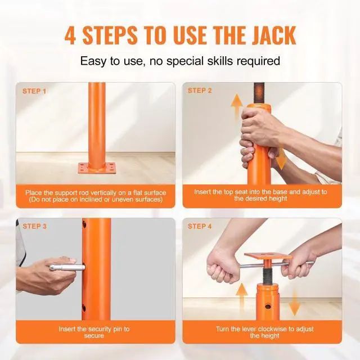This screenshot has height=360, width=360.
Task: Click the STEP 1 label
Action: tap(34, 91)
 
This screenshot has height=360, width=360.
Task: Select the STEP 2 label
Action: tap(200, 91)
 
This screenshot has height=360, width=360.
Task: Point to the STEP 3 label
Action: tap(34, 226)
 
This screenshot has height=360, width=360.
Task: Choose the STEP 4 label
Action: tap(200, 226)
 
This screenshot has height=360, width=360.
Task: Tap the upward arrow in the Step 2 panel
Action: tap(237, 106)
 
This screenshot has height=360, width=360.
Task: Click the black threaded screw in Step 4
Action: tap(267, 274)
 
